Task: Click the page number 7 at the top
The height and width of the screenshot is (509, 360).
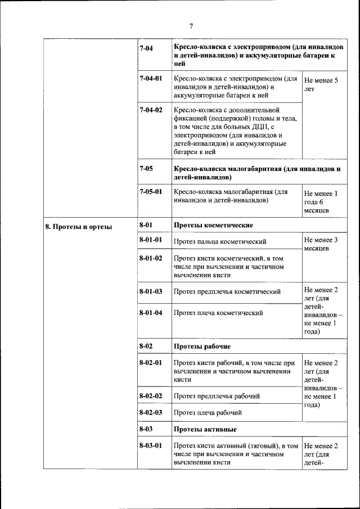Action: tap(191, 26)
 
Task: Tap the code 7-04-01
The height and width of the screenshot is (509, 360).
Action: tap(150, 79)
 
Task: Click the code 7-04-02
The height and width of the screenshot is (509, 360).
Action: tap(150, 110)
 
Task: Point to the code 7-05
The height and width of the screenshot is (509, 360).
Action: tap(146, 168)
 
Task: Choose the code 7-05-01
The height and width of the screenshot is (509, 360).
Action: tap(150, 191)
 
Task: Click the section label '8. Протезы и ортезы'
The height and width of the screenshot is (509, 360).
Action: tap(78, 227)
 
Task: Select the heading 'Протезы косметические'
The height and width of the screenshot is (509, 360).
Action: tap(213, 225)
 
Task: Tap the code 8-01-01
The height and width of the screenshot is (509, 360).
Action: tap(150, 240)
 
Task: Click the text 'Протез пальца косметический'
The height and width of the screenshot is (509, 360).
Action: tap(220, 242)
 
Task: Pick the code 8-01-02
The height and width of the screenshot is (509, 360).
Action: tap(150, 258)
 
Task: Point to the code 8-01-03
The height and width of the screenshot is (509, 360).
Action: tap(150, 291)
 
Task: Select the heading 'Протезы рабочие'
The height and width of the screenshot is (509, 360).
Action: tap(202, 346)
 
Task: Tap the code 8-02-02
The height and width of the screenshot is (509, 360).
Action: tap(150, 395)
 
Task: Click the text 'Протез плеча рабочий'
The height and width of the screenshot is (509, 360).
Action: tap(208, 412)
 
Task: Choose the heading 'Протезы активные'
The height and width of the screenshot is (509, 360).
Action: tap(204, 429)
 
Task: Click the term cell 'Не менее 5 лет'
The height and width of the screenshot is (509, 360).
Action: tap(321, 84)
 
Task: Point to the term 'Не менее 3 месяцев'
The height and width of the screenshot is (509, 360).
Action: tap(321, 244)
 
